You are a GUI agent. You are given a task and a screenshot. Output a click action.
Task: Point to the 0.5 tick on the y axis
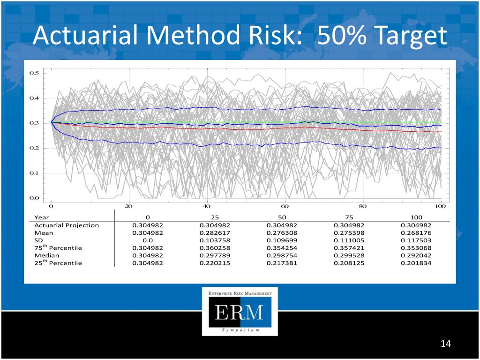(x=34, y=73)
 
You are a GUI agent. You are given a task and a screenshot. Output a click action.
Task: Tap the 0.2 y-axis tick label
(x=34, y=148)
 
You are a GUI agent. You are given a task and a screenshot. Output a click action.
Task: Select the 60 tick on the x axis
(x=285, y=206)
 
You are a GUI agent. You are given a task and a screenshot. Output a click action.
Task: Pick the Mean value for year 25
(x=215, y=232)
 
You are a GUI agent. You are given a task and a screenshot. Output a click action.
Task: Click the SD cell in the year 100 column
(x=416, y=240)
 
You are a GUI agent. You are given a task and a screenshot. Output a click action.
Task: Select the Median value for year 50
(x=282, y=255)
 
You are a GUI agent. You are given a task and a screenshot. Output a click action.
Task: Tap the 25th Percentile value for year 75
(x=349, y=263)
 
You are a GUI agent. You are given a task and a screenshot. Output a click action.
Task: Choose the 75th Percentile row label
(x=58, y=247)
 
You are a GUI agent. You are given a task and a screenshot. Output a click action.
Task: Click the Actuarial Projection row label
(x=67, y=225)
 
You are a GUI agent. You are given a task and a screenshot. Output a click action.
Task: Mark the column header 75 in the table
(x=349, y=217)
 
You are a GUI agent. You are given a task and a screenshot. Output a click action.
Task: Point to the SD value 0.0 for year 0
(x=148, y=240)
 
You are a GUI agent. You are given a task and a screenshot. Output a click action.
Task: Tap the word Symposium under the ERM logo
(x=240, y=330)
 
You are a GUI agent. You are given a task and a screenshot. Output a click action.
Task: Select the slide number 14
(x=445, y=344)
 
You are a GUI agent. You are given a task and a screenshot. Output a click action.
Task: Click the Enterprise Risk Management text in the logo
(x=240, y=293)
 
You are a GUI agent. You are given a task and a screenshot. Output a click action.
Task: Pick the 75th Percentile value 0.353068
(x=416, y=247)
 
